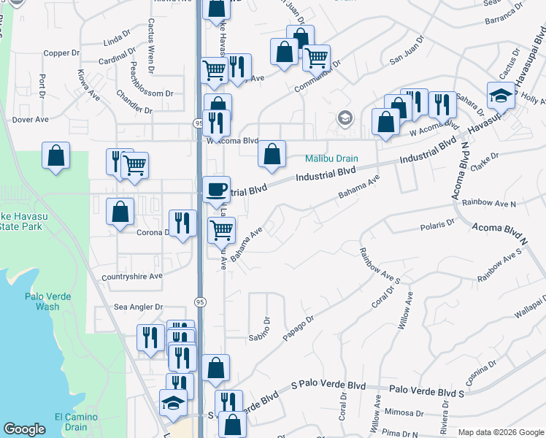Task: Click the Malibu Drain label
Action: [331, 158]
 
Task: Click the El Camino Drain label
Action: [72, 422]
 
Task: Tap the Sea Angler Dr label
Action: [138, 307]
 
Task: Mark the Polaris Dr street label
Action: [437, 224]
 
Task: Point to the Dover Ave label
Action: [30, 119]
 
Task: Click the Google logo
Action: [24, 429]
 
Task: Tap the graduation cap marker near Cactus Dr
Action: [501, 96]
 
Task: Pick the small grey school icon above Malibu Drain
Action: [345, 118]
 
